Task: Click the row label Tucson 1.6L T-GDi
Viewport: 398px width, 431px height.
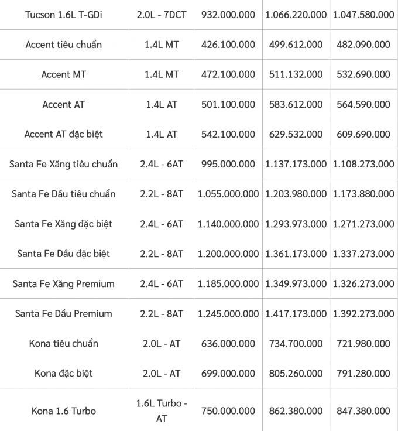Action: tap(63, 14)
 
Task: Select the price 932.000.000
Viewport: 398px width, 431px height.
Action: tap(228, 14)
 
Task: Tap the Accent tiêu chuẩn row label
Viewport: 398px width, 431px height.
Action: tap(63, 45)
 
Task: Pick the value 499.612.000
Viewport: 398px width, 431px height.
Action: tap(296, 45)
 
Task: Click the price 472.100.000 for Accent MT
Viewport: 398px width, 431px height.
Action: tap(228, 74)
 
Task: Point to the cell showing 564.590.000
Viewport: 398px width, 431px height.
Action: tap(363, 104)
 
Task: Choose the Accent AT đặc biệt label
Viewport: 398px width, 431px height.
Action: tap(63, 134)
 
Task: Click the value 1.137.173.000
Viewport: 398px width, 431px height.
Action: tap(296, 164)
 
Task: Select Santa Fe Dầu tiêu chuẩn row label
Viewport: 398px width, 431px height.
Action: tap(63, 194)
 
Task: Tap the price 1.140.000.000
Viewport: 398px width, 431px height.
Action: tap(228, 224)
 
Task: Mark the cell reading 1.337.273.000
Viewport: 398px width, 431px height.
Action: tap(363, 254)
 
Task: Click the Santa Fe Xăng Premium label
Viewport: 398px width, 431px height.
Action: tap(63, 283)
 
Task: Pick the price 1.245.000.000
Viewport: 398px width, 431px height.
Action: tap(228, 313)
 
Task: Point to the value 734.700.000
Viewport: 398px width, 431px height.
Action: tap(296, 343)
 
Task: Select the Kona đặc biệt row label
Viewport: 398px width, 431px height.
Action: tap(63, 373)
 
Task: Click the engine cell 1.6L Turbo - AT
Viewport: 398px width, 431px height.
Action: tap(162, 411)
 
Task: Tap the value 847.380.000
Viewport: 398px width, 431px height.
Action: tap(363, 411)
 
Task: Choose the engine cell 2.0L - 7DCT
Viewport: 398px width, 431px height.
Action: tap(162, 14)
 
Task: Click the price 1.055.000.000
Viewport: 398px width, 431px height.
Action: tap(228, 194)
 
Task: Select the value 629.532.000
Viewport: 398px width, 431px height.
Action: tap(296, 134)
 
